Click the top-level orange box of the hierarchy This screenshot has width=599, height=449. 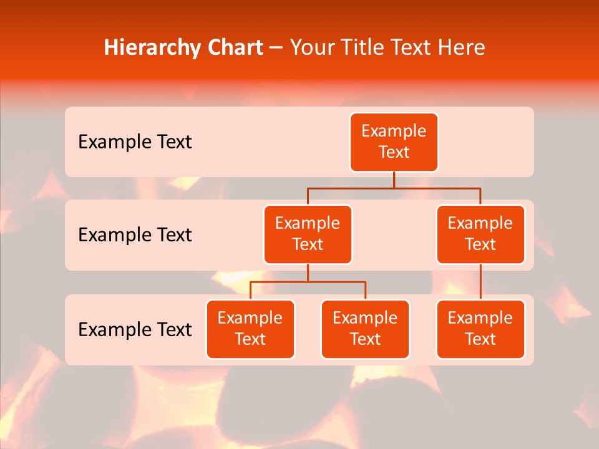[394, 142]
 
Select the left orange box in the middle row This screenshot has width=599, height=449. [308, 234]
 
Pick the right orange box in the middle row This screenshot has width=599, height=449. [480, 234]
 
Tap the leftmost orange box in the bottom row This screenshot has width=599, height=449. [250, 329]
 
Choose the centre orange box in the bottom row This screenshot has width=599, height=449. [365, 329]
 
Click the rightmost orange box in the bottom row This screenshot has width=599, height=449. [480, 329]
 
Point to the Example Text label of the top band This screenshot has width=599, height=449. [135, 142]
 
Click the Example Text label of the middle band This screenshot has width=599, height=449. [135, 235]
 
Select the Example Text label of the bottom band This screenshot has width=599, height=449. [135, 329]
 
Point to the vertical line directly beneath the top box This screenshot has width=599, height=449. [394, 180]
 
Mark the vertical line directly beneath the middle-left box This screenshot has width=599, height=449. [308, 273]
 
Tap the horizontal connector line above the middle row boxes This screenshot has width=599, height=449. [349, 188]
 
